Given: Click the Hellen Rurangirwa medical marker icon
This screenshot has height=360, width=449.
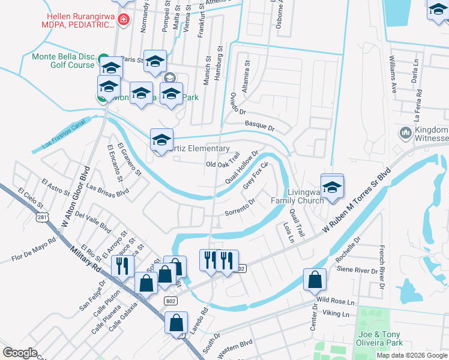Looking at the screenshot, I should [x=124, y=19].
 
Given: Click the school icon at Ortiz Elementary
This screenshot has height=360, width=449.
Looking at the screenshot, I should [x=161, y=140].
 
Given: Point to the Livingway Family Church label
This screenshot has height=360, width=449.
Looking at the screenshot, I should [x=297, y=196].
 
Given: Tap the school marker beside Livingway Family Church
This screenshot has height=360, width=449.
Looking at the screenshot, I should [x=331, y=186].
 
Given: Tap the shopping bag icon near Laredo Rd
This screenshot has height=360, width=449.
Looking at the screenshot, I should [x=177, y=323].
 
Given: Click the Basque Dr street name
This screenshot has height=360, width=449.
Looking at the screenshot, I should [x=259, y=127].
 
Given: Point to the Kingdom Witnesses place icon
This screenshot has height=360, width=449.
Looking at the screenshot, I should [x=405, y=132].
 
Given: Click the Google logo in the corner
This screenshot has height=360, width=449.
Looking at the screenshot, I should [x=20, y=353].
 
